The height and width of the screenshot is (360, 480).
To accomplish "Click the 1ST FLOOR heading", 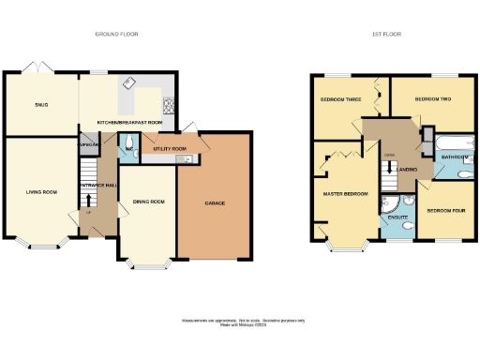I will pos(385,34).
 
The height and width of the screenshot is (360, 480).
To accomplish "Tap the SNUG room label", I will pos(41,105).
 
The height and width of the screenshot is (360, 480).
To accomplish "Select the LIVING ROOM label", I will pos(41,192).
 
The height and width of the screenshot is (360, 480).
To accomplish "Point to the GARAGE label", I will pos(215,202).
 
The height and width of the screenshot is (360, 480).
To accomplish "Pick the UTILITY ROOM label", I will pos(170,149).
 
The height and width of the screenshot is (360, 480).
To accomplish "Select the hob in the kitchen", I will pos(169,103).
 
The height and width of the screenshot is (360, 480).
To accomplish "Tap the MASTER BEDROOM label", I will pos(345,194).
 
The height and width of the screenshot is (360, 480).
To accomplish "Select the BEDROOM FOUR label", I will pos(444,211).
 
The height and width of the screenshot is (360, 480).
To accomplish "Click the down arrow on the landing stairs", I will pos(386,172).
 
